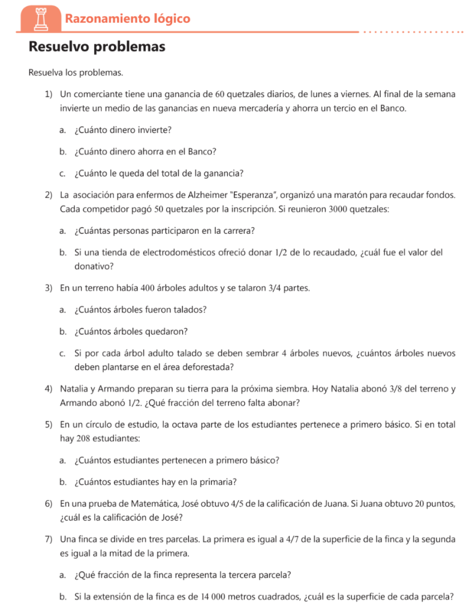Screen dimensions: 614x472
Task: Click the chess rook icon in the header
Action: (x=42, y=19)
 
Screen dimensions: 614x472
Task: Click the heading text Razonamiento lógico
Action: (x=127, y=19)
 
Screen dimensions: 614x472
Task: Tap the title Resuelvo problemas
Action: (x=97, y=47)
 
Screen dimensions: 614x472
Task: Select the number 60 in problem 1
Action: (x=220, y=94)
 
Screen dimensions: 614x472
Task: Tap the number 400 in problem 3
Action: (x=148, y=288)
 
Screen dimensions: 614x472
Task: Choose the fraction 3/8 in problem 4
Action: (x=395, y=389)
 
